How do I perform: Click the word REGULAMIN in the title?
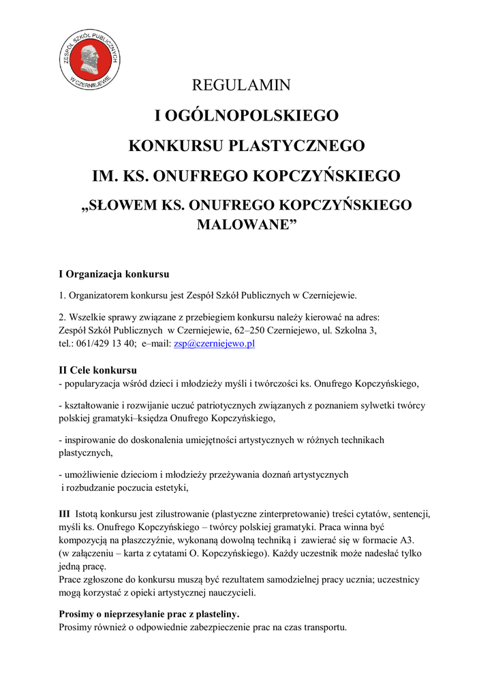(241, 86)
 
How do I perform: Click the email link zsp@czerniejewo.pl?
(214, 344)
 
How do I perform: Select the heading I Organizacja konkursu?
(114, 274)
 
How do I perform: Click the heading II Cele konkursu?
(98, 370)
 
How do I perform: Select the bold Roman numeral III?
(64, 513)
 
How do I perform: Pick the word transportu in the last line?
(324, 628)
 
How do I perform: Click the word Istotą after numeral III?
(90, 513)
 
